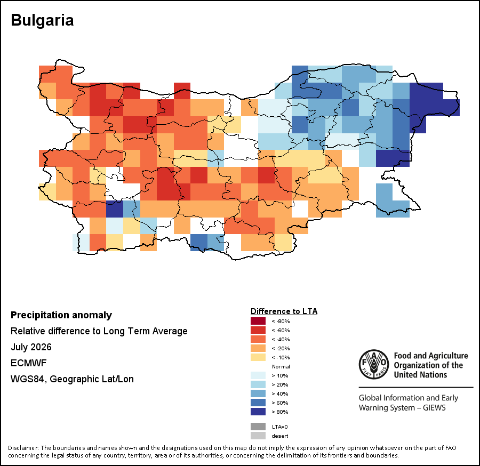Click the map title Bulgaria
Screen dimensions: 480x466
pyautogui.click(x=42, y=20)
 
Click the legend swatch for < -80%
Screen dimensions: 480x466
pyautogui.click(x=258, y=321)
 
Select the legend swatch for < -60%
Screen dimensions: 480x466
pyautogui.click(x=258, y=330)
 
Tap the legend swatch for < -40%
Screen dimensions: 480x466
pyautogui.click(x=258, y=339)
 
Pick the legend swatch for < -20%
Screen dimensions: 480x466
pyautogui.click(x=258, y=348)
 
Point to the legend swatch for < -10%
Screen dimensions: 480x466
pyautogui.click(x=258, y=357)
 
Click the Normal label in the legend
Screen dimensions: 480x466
pyautogui.click(x=281, y=366)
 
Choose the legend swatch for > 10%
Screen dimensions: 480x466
pyautogui.click(x=258, y=375)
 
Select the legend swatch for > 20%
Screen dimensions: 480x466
pyautogui.click(x=258, y=384)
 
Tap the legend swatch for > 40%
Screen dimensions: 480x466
pyautogui.click(x=258, y=393)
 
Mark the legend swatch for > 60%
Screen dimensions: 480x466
pyautogui.click(x=258, y=403)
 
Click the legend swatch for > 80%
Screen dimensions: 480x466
pyautogui.click(x=258, y=412)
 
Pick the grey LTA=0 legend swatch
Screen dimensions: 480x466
pyautogui.click(x=258, y=427)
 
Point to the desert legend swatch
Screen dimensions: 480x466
pyautogui.click(x=258, y=436)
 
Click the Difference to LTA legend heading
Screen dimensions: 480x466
pyautogui.click(x=284, y=311)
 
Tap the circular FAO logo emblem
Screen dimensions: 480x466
pyautogui.click(x=374, y=364)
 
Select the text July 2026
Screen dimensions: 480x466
pyautogui.click(x=31, y=347)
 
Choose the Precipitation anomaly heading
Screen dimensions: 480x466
pyautogui.click(x=61, y=315)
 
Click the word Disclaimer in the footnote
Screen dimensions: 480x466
pyautogui.click(x=23, y=448)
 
